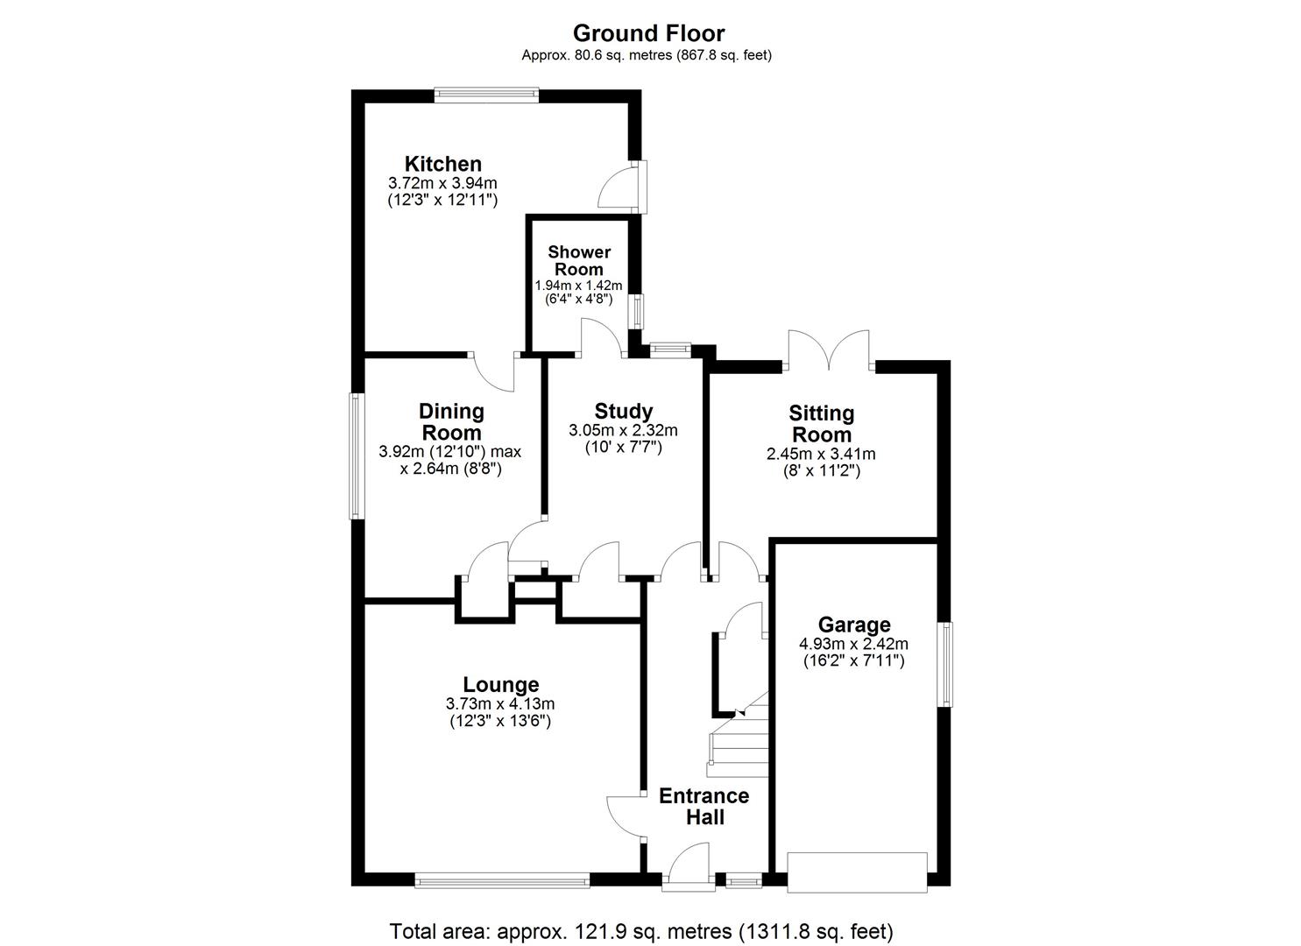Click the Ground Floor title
(648, 33)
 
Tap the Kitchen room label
(442, 164)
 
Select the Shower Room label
(578, 260)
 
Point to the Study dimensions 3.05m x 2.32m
(623, 430)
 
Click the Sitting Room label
(821, 424)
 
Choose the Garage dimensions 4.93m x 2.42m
(853, 644)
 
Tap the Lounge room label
(500, 684)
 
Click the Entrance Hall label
(704, 806)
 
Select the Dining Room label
(451, 421)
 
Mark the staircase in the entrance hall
(738, 745)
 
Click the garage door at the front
(857, 872)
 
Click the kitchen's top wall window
(487, 95)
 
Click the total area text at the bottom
(641, 930)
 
